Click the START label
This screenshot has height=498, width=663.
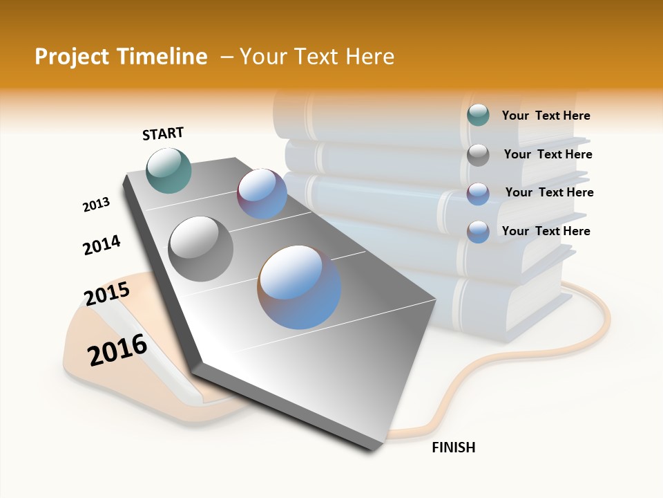click(163, 133)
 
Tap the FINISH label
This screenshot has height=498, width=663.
click(453, 448)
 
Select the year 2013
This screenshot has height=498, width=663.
click(96, 205)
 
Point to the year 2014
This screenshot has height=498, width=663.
click(102, 245)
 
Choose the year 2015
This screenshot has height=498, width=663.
click(107, 294)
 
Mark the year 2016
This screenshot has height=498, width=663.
click(117, 349)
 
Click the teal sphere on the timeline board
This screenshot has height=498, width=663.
click(169, 170)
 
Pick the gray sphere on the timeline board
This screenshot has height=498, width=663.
click(201, 248)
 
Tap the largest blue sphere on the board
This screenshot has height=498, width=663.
click(299, 287)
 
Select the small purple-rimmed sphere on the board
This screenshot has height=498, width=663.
click(262, 194)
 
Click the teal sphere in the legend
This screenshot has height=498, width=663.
click(478, 116)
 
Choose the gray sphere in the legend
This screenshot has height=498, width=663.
click(478, 154)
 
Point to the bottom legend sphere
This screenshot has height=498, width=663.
click(478, 231)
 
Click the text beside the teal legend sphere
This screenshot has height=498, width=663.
click(546, 116)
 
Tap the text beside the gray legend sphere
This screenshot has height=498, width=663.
click(548, 154)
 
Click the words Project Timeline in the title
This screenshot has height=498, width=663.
click(121, 57)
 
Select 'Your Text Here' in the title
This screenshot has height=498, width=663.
click(316, 57)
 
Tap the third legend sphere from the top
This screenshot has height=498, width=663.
click(478, 193)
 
